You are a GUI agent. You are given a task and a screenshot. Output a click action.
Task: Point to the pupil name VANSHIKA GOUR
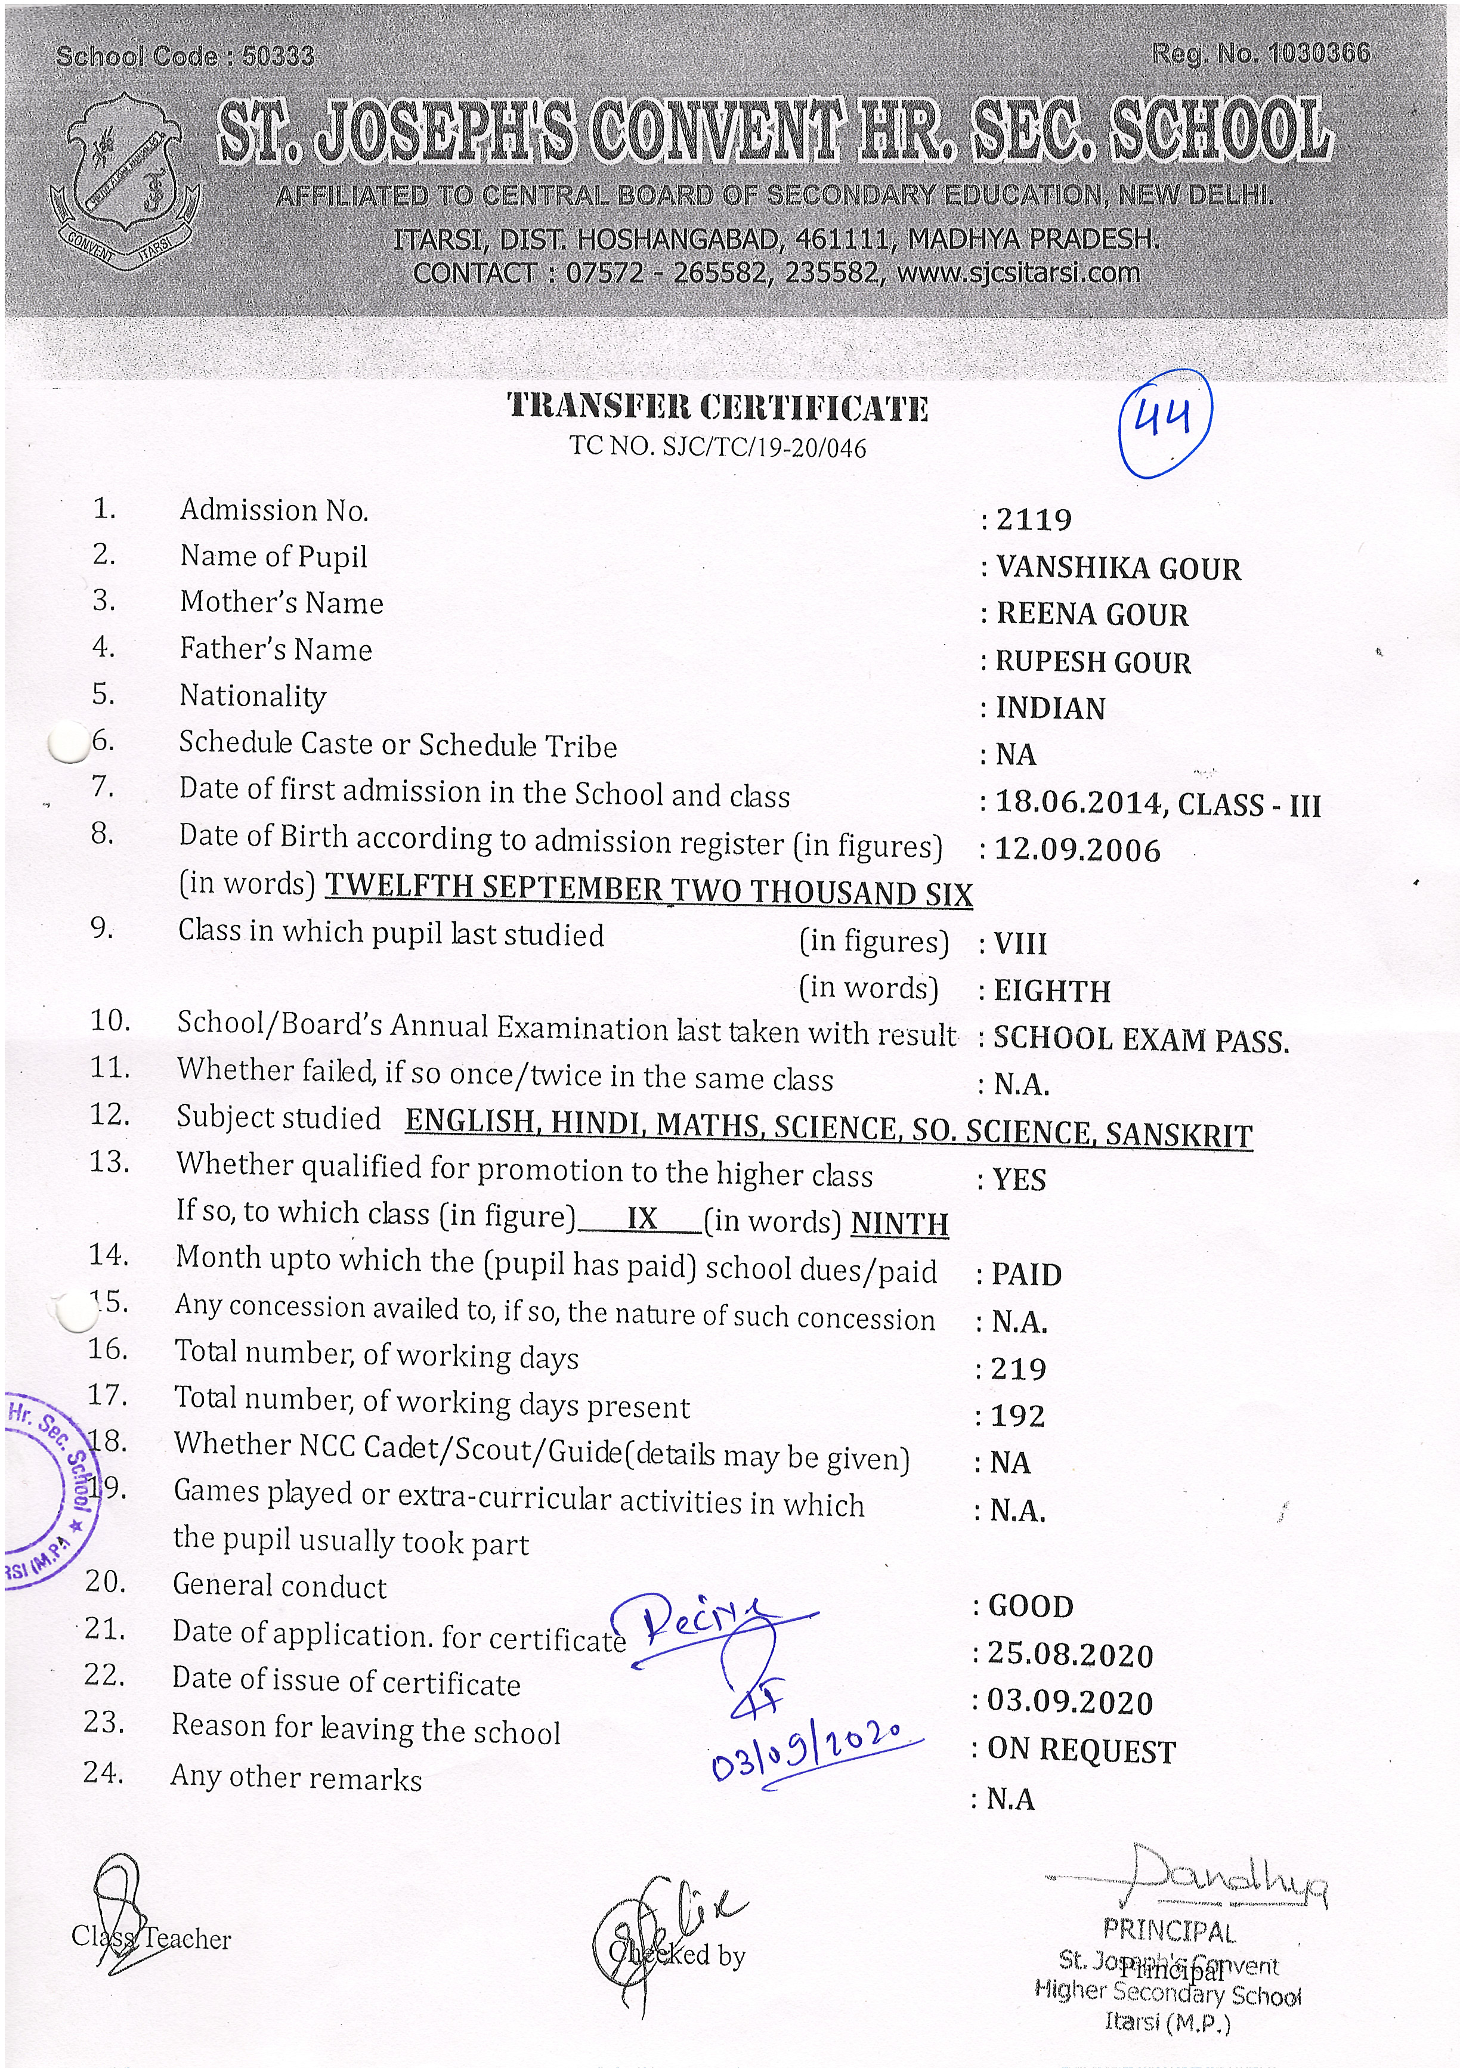point(1118,568)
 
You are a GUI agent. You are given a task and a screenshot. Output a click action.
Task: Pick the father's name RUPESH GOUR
point(1093,662)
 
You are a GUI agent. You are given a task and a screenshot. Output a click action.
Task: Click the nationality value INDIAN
point(1050,709)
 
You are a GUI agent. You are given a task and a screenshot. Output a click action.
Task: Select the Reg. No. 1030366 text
point(1260,54)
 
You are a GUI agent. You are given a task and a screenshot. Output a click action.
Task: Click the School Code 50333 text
point(185,57)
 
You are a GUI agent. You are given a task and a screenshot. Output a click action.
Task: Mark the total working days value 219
point(1018,1369)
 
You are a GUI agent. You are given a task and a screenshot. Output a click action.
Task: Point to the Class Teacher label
point(151,1939)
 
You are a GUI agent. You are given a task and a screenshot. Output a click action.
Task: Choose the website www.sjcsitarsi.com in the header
point(1018,272)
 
